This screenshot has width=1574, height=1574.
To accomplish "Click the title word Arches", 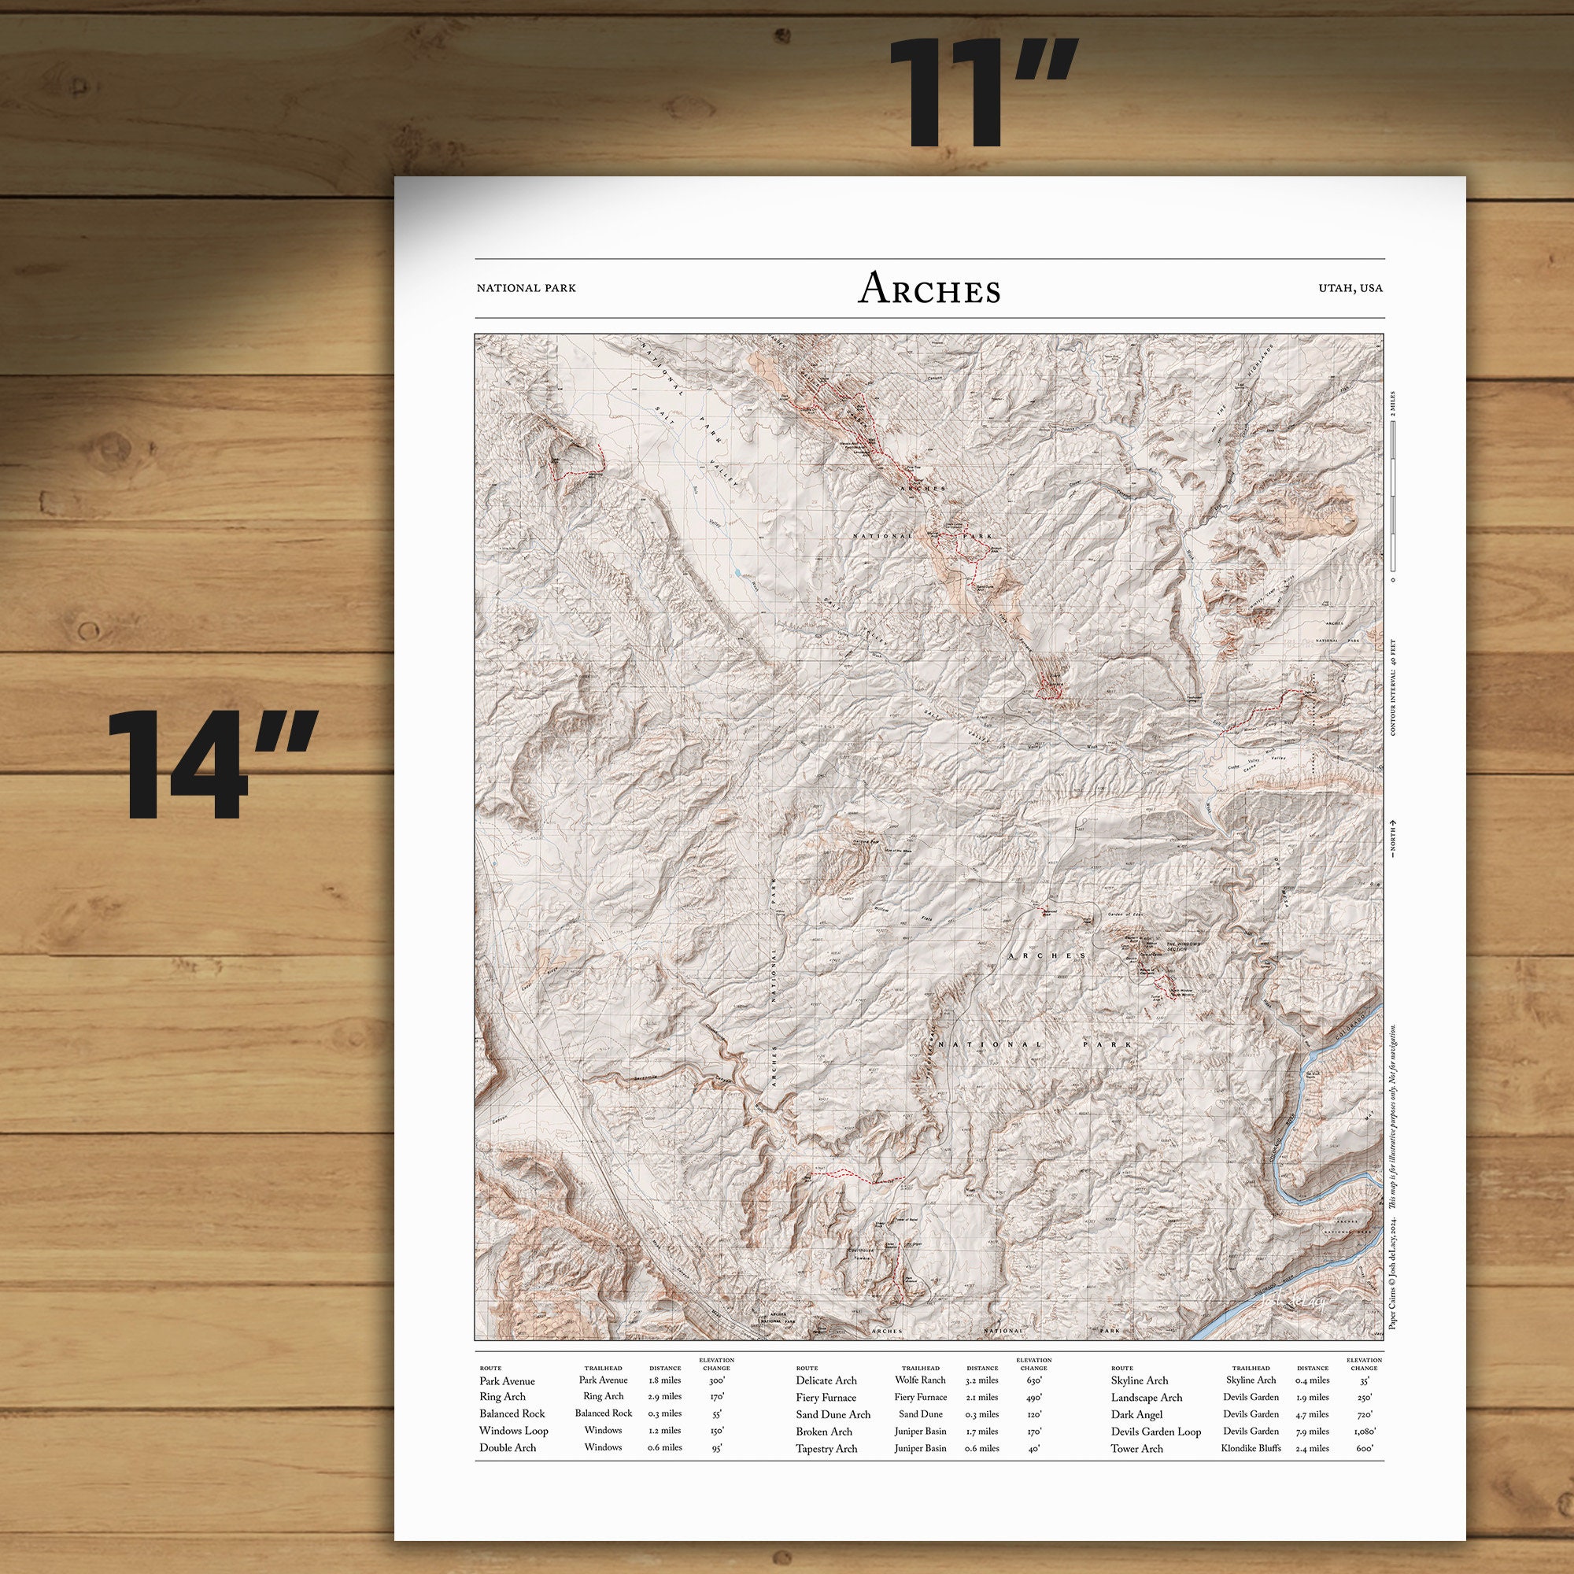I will coord(929,288).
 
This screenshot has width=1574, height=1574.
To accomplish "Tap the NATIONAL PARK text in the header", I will coord(526,288).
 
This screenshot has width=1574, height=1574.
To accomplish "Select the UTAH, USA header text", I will coord(1350,288).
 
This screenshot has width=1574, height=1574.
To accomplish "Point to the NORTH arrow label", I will coord(1393,837).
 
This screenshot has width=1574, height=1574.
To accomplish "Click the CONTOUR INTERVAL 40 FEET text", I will coord(1393,687).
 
